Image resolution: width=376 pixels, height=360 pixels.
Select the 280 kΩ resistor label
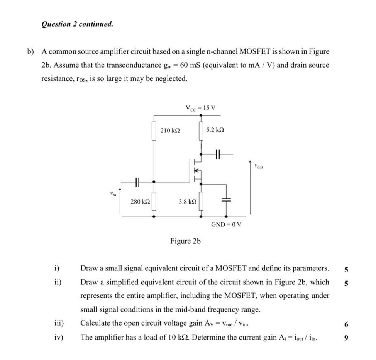click(140, 201)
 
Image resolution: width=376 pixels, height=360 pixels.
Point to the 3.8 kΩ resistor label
click(188, 201)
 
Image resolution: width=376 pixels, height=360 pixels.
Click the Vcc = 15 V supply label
click(200, 108)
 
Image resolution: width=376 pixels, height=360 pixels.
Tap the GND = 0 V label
click(226, 224)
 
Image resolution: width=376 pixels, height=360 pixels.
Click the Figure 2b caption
click(186, 241)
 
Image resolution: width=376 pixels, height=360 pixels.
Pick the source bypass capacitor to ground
click(226, 200)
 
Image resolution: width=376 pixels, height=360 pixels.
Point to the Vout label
click(258, 167)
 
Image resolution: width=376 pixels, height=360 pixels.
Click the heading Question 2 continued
click(77, 24)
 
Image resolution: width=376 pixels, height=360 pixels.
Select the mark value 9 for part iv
click(346, 338)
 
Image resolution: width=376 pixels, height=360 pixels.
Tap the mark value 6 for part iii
click(346, 324)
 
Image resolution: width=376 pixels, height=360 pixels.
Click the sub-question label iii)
click(59, 324)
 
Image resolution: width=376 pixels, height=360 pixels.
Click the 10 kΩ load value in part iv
click(179, 338)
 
